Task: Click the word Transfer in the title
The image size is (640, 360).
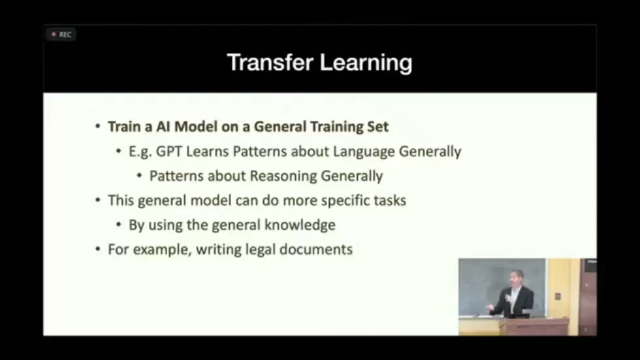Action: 269,63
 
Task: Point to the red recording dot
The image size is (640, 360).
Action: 54,35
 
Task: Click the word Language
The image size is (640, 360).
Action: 363,152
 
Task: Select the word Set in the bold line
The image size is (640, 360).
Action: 377,126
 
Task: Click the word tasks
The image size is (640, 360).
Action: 389,201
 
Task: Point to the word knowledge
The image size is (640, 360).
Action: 300,225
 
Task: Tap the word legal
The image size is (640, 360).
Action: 264,250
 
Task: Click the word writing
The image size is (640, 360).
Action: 217,250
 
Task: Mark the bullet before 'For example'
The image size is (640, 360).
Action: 98,250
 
